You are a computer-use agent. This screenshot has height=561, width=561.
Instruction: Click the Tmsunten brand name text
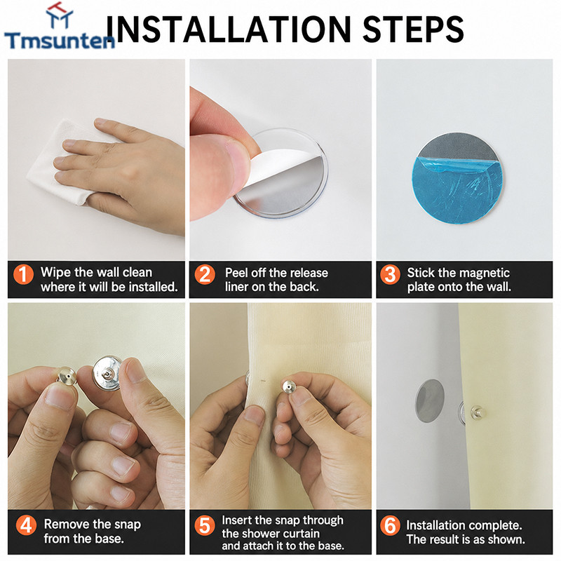pos(60,40)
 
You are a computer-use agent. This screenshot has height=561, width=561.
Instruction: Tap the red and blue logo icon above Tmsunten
pos(60,15)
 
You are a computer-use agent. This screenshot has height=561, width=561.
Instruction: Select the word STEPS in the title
pos(413,29)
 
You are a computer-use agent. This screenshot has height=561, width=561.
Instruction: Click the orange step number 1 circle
pos(24,274)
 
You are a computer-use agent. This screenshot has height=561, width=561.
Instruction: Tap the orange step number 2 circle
pos(205,274)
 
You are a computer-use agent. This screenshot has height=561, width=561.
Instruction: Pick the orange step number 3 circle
pos(390,274)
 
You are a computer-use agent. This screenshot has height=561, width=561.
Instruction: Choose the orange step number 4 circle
pos(26,525)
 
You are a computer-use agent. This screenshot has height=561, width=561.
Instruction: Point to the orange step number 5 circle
pos(205,525)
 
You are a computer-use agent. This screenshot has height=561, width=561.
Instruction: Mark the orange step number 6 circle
pos(390,525)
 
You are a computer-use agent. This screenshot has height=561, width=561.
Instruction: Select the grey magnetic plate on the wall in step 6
pos(429,400)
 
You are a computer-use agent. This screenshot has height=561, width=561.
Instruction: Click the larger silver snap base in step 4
pos(107,373)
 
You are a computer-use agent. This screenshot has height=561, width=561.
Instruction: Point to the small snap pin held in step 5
pos(289,387)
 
